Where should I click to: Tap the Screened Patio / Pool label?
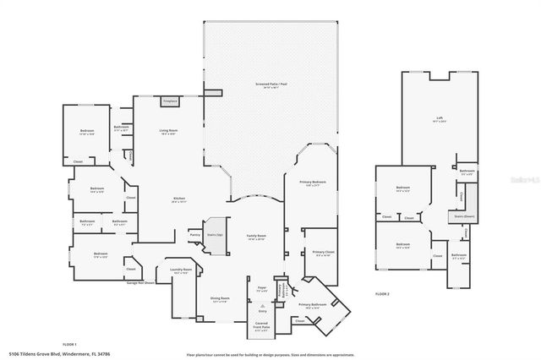[x=270, y=85]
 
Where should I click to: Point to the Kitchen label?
[x=178, y=200]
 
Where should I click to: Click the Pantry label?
[x=194, y=236]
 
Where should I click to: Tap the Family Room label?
[x=257, y=237]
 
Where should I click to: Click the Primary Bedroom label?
[x=312, y=183]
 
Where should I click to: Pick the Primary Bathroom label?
[x=312, y=304]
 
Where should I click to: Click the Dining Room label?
[x=220, y=299]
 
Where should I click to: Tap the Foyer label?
[x=262, y=289]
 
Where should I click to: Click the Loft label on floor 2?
[x=439, y=120]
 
